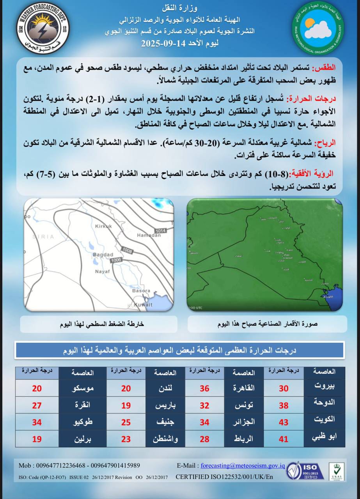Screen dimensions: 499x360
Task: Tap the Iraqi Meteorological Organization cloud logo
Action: click(x=318, y=29)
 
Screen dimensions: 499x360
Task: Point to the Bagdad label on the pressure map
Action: click(x=102, y=255)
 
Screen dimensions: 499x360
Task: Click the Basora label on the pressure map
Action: click(x=142, y=291)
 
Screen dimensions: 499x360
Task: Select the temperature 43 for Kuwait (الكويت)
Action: click(x=284, y=422)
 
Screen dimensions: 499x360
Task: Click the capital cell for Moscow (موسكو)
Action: click(x=83, y=388)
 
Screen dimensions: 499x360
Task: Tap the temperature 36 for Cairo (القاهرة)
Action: click(x=204, y=388)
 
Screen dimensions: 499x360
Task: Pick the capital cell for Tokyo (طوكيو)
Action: click(x=83, y=422)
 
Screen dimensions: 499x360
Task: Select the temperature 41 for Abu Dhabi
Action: click(x=284, y=439)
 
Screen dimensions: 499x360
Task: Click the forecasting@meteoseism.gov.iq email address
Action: click(x=242, y=465)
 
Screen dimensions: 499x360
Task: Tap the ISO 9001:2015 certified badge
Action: click(x=305, y=471)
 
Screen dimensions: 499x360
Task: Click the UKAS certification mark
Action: click(x=336, y=471)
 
